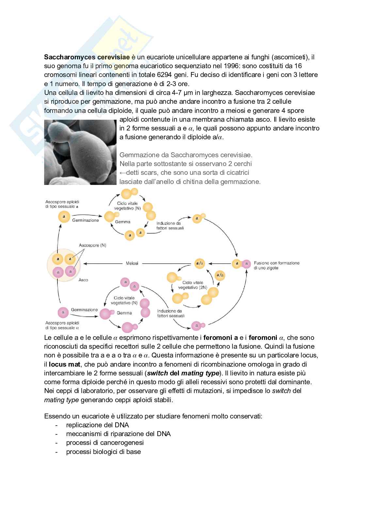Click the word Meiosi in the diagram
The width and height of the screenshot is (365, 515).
[132, 263]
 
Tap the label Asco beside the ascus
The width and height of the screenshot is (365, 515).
[83, 280]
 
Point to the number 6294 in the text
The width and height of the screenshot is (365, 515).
[164, 75]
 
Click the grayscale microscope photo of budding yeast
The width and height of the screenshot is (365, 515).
[80, 152]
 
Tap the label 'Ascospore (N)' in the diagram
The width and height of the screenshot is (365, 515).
[92, 245]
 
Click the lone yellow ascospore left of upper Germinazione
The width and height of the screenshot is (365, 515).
[64, 217]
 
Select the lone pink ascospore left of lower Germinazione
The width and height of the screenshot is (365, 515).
[63, 312]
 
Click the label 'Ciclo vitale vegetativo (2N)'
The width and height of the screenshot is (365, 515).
[193, 285]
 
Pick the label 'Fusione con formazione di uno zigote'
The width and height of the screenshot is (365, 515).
[277, 265]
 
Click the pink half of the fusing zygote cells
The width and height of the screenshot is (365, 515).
[246, 264]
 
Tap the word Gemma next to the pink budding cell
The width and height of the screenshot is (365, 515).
[124, 313]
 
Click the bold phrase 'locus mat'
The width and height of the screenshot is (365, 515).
[64, 364]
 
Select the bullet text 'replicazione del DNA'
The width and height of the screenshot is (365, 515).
[97, 425]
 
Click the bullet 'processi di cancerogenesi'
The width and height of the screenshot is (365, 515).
[105, 443]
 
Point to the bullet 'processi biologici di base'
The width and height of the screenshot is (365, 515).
[103, 452]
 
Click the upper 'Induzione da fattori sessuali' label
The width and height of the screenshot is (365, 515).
[170, 226]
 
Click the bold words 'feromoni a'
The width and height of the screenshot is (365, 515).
[220, 338]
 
